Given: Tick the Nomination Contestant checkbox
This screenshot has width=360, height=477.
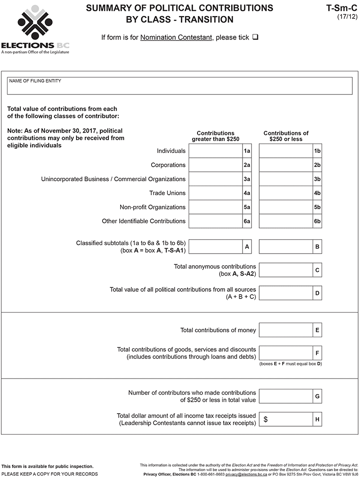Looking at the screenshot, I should tap(255, 37).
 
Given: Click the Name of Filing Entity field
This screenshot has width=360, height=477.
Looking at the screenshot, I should tap(180, 86).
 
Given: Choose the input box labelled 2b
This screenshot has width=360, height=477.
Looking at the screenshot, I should tap(286, 165).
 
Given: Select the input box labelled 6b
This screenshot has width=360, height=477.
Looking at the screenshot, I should tap(286, 221).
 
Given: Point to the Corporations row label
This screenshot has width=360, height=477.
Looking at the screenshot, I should tap(168, 165).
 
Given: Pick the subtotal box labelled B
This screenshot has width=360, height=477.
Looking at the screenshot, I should tap(286, 247).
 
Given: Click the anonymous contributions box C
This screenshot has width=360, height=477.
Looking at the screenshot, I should tap(286, 270).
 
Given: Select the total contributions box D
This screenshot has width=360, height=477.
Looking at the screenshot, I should tap(286, 293).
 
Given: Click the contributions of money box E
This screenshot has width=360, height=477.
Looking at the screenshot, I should tap(286, 330).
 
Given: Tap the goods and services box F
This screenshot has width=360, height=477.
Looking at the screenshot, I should tap(286, 353).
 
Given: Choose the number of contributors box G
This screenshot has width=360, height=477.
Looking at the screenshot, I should tap(286, 397).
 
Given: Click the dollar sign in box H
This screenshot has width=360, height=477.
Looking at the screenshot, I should tap(265, 419).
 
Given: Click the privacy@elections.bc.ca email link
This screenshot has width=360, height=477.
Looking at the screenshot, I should tap(246, 474).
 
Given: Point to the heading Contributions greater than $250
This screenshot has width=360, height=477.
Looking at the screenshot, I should tap(216, 136).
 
